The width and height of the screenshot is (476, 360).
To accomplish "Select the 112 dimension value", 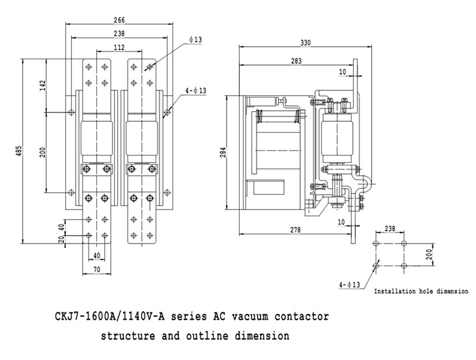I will pyautogui.click(x=119, y=47).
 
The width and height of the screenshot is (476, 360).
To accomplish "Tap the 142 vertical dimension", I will pyautogui.click(x=42, y=86).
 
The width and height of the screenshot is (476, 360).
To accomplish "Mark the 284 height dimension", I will pyautogui.click(x=223, y=154).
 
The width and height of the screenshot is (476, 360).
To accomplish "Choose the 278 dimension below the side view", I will pyautogui.click(x=297, y=229).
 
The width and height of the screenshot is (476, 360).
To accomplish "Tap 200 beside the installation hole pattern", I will pyautogui.click(x=430, y=254).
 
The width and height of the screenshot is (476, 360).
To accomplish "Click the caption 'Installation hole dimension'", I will pyautogui.click(x=421, y=292).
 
